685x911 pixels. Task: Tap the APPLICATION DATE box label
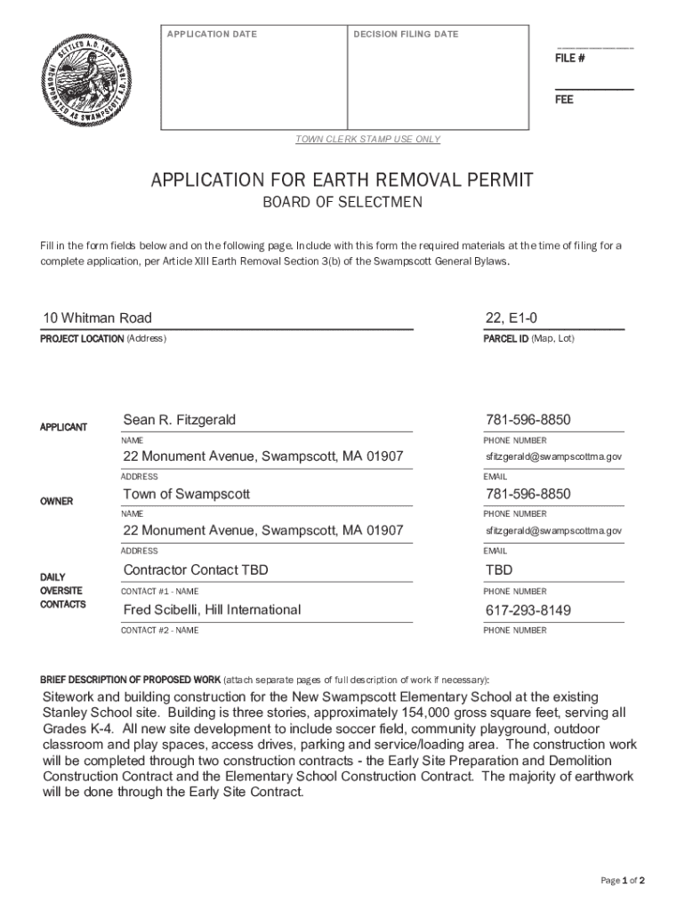click(212, 35)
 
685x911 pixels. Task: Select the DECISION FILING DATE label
click(406, 35)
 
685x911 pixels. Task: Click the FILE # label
click(569, 59)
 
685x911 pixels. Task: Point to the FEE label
click(564, 100)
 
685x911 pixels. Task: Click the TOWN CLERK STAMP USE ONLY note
click(367, 140)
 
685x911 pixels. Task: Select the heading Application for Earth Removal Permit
click(342, 181)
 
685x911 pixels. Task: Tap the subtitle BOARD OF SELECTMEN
click(342, 203)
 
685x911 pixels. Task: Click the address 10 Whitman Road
click(98, 318)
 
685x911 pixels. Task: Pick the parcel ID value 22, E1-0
click(512, 318)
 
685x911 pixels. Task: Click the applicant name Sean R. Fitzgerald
click(180, 420)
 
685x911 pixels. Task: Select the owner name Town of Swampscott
click(187, 494)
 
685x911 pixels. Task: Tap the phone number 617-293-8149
click(528, 610)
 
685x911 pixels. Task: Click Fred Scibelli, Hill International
click(212, 610)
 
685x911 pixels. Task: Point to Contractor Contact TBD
click(196, 570)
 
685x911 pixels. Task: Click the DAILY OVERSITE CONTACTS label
click(62, 591)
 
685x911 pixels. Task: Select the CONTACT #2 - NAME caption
click(160, 631)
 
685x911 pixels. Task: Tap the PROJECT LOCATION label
click(82, 339)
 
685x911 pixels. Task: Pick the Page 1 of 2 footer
click(623, 881)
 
